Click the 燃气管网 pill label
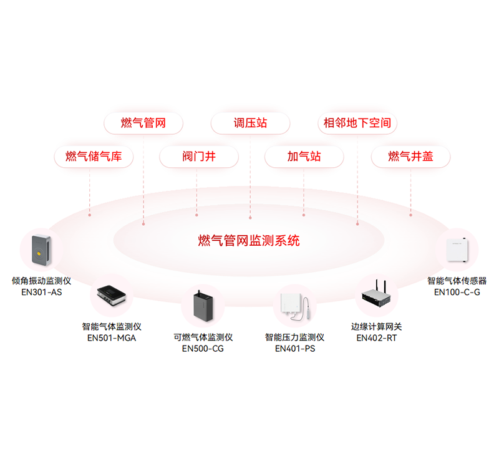tap(143, 123)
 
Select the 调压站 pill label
tap(250, 123)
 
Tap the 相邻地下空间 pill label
tap(357, 123)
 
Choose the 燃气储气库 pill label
tap(90, 157)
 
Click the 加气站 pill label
tap(304, 157)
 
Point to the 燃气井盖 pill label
tap(410, 157)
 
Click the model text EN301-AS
tap(42, 291)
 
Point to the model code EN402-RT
tap(377, 338)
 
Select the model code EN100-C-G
tap(457, 292)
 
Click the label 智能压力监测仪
tap(294, 337)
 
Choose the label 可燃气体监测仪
tap(203, 337)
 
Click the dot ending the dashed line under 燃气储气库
tap(90, 215)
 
